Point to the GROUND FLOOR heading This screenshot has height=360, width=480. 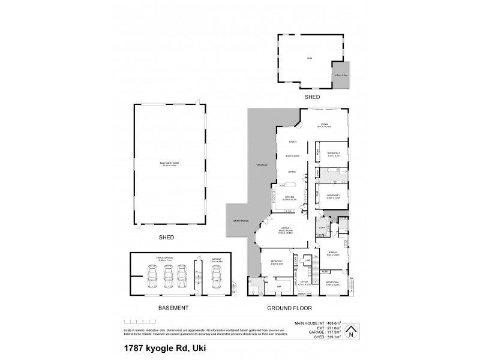[290, 308]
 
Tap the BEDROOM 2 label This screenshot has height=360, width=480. [334, 154]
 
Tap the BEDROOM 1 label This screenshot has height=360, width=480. [277, 262]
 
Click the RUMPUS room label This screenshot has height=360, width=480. [333, 253]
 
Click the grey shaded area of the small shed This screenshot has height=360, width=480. [340, 74]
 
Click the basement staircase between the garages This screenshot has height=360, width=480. [197, 279]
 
